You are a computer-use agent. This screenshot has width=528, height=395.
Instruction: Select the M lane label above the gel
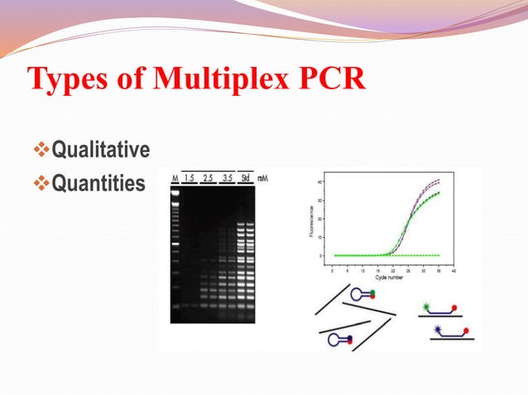click(x=175, y=178)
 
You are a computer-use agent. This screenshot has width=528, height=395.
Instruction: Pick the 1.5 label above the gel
click(x=190, y=178)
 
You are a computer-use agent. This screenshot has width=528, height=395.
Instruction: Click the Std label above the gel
click(x=245, y=178)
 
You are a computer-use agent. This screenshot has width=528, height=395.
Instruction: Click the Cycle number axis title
click(x=390, y=278)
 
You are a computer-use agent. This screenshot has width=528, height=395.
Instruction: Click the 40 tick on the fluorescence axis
click(x=321, y=182)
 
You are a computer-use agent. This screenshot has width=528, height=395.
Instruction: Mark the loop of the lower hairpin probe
click(x=334, y=339)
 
